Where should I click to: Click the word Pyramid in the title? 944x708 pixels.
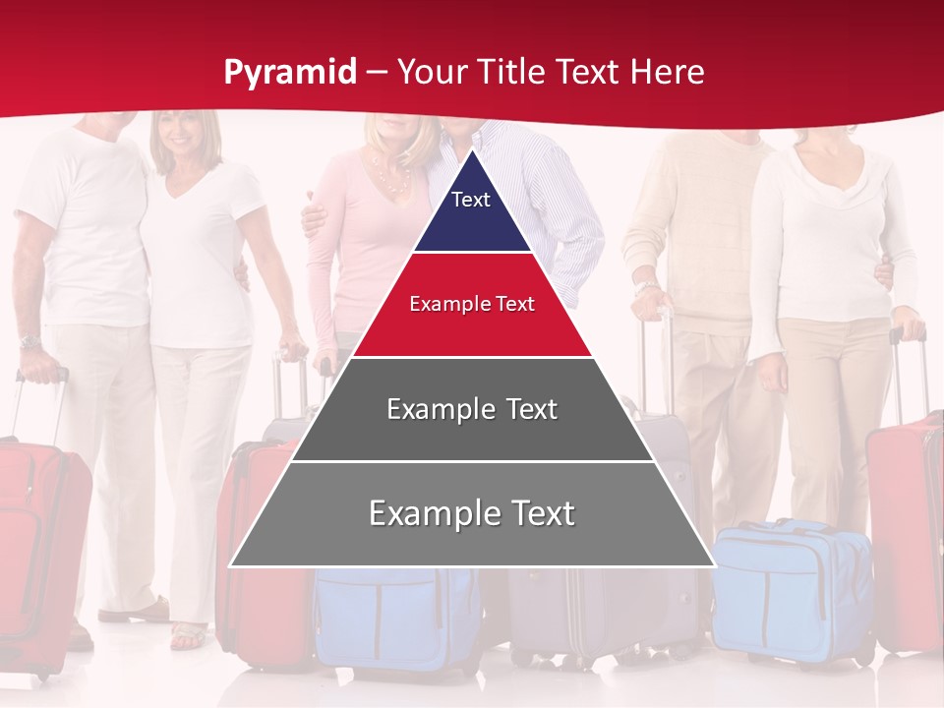290,73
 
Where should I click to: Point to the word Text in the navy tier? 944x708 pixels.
471,200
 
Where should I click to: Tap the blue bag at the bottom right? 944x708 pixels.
792,590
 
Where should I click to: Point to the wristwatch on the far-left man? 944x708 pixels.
29,342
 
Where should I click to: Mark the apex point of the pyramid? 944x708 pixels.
473,150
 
